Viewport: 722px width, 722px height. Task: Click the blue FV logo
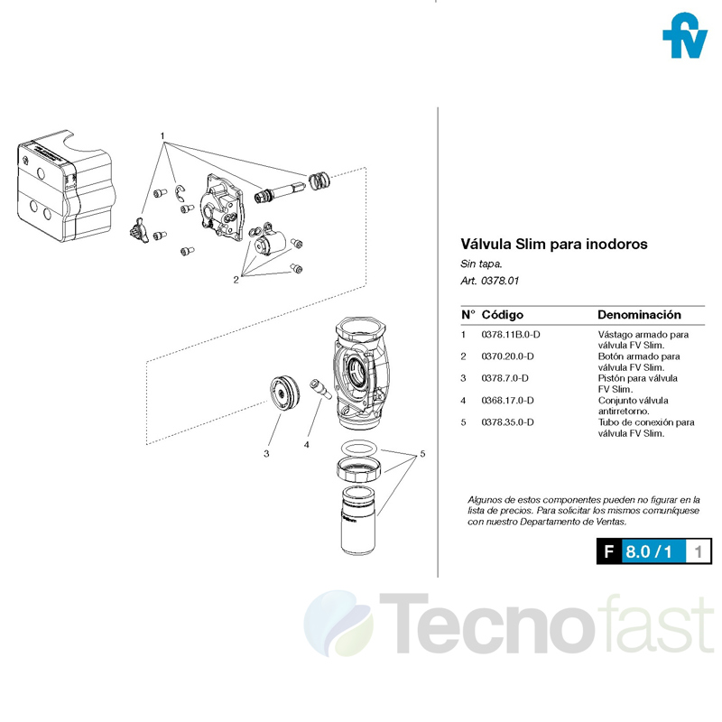coord(684,37)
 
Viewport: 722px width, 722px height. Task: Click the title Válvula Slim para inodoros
coord(554,245)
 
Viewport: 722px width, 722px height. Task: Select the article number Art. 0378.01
coord(490,281)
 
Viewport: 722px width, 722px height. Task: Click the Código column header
coord(503,315)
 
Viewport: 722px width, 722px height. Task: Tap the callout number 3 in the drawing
coord(266,454)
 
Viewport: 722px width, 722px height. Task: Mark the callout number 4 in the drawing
coord(307,444)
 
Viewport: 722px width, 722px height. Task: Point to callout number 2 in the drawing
coord(236,279)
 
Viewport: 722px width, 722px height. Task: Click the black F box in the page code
coord(608,551)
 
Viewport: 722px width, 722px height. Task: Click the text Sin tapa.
coord(480,264)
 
